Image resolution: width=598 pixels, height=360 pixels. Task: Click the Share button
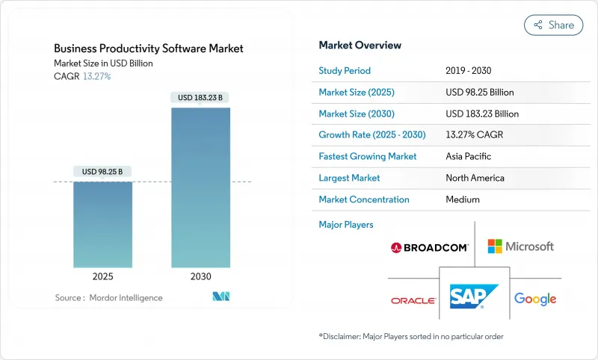[553, 25]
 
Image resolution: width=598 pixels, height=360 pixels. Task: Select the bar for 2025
[102, 224]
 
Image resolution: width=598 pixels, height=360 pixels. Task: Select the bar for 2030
[200, 187]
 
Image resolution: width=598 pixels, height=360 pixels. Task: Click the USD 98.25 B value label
[102, 171]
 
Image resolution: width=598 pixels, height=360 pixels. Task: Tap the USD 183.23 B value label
[200, 97]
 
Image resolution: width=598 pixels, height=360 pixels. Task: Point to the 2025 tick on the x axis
[102, 276]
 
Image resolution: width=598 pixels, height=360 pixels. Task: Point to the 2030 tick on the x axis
[200, 276]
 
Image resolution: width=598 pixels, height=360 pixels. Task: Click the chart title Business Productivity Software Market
[149, 49]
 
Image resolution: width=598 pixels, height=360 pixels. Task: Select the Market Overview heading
[360, 46]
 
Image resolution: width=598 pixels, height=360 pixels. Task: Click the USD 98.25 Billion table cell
[479, 93]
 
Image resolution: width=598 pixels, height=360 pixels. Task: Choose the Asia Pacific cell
[469, 157]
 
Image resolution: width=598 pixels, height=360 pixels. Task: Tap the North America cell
[474, 178]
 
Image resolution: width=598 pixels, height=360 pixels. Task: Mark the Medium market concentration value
[462, 199]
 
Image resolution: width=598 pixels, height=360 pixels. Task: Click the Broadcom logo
[429, 247]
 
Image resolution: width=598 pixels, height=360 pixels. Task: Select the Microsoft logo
[520, 246]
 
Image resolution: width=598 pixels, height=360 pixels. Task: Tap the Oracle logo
[413, 300]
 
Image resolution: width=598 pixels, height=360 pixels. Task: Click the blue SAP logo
[474, 297]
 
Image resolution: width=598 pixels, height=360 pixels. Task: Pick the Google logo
[535, 300]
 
